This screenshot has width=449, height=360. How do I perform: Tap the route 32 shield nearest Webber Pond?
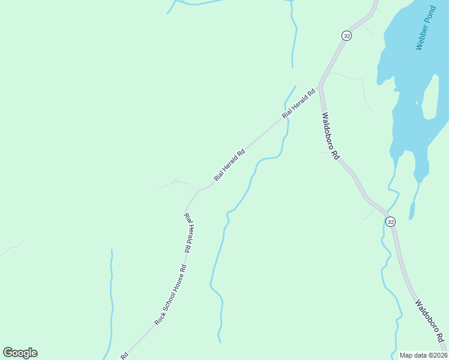point(346,36)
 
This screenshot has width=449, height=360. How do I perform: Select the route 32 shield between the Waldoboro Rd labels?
point(391,221)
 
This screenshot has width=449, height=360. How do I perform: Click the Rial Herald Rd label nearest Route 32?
point(298,104)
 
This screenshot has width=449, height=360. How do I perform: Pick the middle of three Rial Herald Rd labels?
point(230,165)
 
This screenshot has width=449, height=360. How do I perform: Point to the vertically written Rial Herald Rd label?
point(188,233)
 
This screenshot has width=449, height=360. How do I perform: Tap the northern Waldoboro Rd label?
point(330,136)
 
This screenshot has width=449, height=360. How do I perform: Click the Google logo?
point(20,353)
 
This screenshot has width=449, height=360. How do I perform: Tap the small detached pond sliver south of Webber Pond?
point(412,210)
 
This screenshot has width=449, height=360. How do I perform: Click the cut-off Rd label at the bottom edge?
point(124,355)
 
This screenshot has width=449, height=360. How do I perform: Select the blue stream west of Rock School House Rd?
point(111,300)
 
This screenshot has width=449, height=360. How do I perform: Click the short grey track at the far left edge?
point(12,248)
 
